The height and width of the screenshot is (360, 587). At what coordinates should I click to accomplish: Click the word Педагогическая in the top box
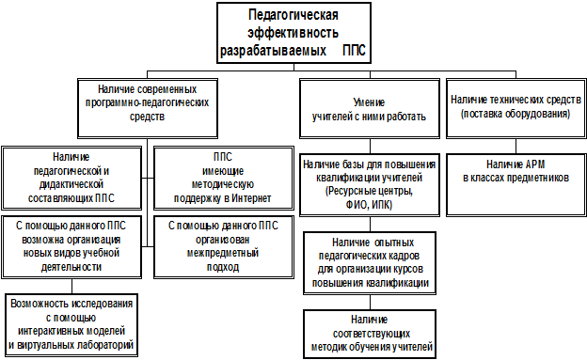point(293,15)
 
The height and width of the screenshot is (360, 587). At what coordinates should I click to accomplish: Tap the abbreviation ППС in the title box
point(354,51)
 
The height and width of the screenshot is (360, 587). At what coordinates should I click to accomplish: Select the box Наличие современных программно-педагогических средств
point(148,108)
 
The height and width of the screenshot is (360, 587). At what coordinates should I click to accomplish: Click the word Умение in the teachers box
point(369,102)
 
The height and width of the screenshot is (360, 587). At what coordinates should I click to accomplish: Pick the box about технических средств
point(516,108)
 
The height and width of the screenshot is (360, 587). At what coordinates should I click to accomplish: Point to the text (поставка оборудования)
point(516,114)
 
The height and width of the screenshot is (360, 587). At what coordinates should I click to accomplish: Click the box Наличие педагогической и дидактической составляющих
point(71,179)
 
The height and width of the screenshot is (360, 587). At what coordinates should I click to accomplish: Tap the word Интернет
point(251,198)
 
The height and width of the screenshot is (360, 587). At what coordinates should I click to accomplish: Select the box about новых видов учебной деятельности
point(71,247)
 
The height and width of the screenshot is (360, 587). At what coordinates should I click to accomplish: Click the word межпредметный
point(223,254)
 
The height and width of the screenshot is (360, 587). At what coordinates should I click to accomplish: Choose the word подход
point(223,267)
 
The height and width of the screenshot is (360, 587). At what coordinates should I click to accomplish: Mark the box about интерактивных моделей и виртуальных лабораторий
point(71,325)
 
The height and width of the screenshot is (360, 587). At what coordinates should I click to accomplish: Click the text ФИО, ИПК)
point(369,205)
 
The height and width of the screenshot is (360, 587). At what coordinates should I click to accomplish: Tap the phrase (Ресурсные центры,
point(369,191)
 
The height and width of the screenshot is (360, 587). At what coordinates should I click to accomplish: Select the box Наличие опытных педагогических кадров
point(370,263)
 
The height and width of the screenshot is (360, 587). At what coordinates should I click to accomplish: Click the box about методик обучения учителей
point(370,335)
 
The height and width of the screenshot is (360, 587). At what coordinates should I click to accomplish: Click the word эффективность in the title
point(293,33)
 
